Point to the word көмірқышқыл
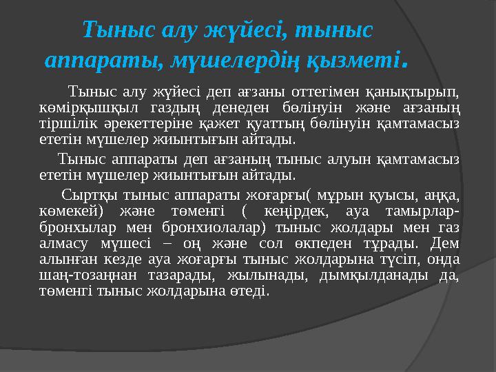89,108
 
